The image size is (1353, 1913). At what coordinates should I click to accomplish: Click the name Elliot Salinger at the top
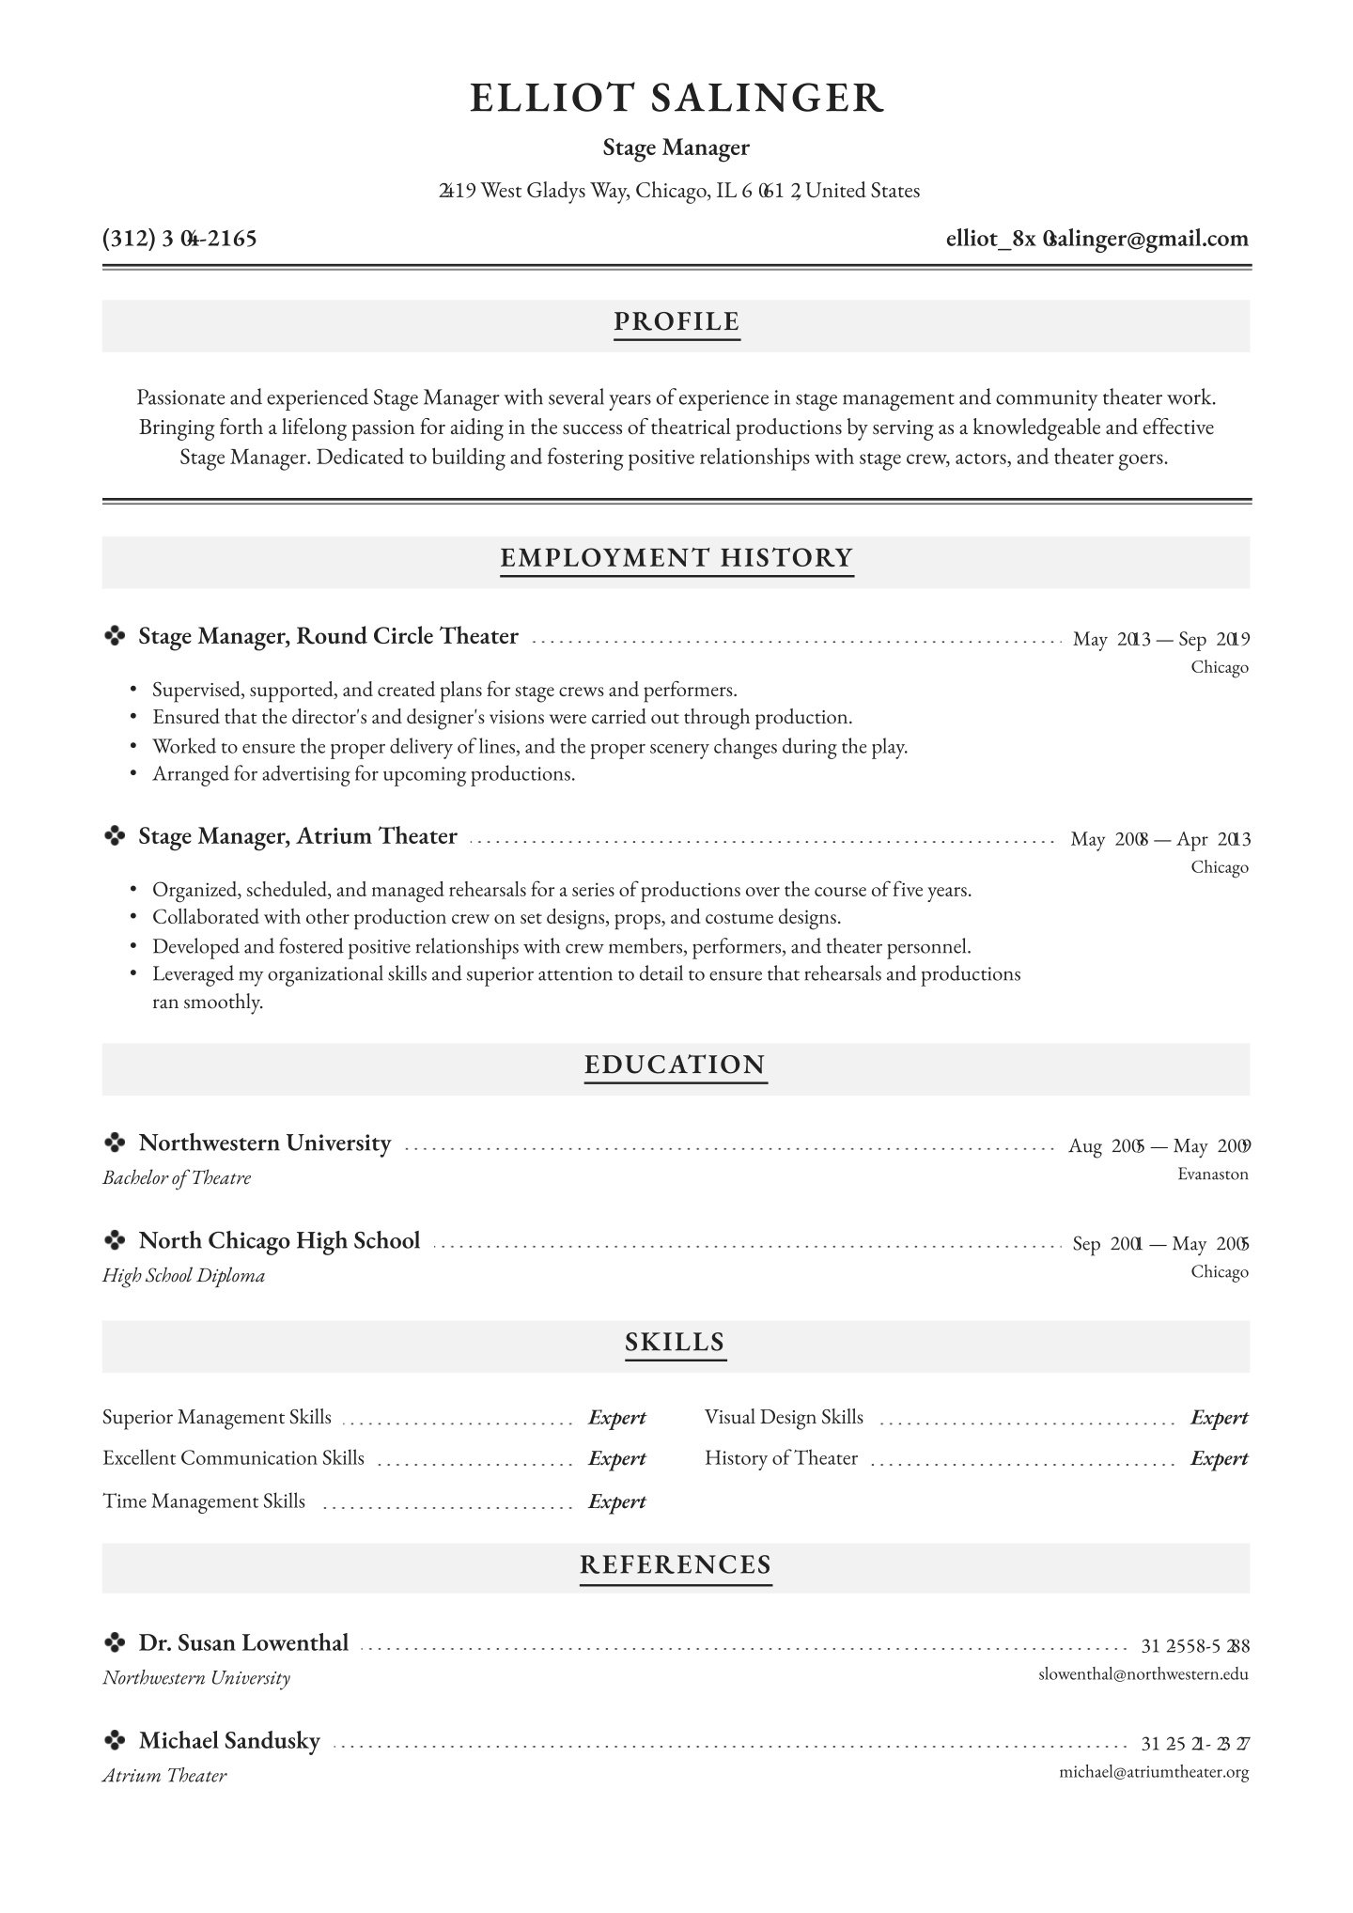(x=676, y=99)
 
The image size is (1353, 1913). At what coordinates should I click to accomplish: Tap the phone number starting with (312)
(x=179, y=239)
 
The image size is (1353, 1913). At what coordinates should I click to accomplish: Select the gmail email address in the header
(x=1096, y=239)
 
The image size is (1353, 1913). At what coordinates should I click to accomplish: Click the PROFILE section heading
(x=676, y=322)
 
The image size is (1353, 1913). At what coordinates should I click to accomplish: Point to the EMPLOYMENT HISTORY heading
(x=676, y=558)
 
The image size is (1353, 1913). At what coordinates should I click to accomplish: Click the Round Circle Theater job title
(x=328, y=637)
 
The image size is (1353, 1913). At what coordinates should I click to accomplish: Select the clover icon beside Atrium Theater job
(x=115, y=836)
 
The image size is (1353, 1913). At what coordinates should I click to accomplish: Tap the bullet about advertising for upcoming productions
(x=363, y=774)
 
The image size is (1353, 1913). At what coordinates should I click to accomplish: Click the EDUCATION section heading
(x=676, y=1065)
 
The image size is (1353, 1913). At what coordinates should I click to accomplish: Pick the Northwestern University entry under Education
(x=264, y=1143)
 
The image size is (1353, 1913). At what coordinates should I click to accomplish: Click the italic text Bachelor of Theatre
(x=177, y=1178)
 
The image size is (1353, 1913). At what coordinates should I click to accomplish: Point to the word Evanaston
(x=1212, y=1174)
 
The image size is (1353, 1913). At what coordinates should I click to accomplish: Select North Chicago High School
(x=279, y=1241)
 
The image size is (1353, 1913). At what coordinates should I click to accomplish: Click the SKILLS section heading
(x=676, y=1342)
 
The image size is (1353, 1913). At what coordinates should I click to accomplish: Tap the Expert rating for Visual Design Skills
(x=1219, y=1418)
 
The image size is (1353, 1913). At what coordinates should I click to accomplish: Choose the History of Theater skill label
(x=781, y=1458)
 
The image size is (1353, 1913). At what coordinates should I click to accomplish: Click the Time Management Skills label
(x=204, y=1501)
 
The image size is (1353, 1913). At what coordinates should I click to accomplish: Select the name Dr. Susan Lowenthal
(x=243, y=1643)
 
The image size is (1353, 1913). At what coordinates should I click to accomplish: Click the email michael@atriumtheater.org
(x=1153, y=1773)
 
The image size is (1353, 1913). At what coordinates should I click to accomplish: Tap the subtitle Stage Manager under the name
(x=676, y=148)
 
